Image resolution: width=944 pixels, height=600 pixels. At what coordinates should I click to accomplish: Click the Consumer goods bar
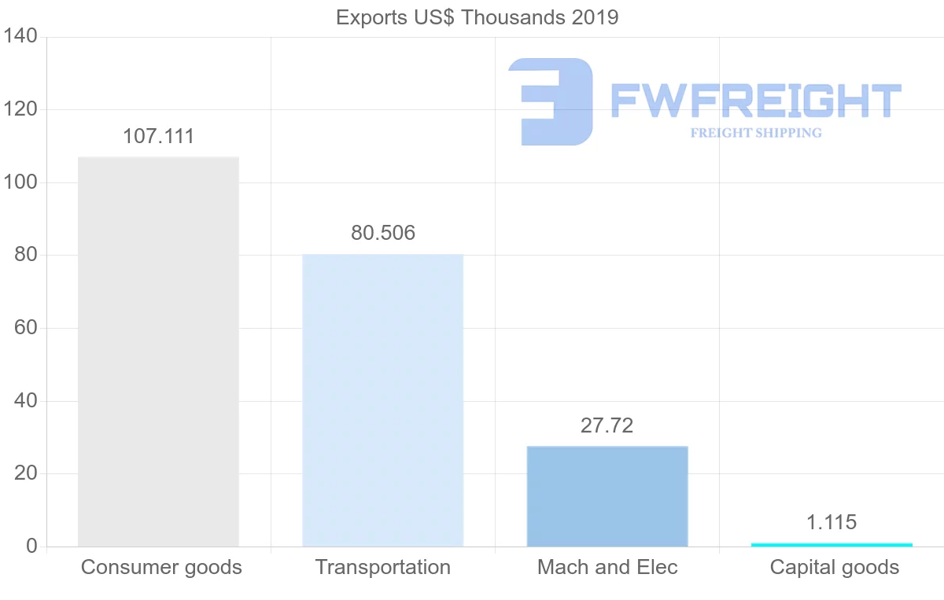(158, 352)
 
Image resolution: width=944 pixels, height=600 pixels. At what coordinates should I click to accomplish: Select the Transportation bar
(383, 400)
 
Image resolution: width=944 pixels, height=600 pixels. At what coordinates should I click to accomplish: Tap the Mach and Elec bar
(607, 496)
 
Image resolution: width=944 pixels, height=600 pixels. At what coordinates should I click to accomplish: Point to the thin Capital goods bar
(832, 544)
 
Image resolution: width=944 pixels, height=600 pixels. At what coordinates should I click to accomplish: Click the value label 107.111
(158, 136)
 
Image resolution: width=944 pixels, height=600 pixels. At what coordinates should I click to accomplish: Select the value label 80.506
(383, 233)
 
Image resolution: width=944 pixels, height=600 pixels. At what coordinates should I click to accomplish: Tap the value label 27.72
(607, 425)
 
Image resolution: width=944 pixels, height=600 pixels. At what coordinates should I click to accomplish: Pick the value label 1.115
(832, 522)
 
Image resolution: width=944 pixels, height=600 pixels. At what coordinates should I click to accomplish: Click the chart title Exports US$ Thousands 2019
(478, 17)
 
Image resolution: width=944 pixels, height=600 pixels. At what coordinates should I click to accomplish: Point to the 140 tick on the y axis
(20, 36)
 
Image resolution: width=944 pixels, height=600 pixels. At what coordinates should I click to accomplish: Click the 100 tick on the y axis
(20, 182)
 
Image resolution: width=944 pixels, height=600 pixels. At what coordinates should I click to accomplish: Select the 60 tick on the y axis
(26, 328)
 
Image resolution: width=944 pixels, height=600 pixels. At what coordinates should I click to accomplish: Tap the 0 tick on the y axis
(31, 547)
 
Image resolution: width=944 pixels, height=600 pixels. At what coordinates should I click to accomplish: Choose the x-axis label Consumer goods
(161, 567)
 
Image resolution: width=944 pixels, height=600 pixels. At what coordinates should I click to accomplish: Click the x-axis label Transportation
(383, 567)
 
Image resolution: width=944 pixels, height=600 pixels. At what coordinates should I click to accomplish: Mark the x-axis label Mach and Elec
(607, 567)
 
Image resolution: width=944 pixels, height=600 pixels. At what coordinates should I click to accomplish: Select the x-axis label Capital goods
(834, 567)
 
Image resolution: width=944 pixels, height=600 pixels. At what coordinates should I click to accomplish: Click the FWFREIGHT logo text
(755, 101)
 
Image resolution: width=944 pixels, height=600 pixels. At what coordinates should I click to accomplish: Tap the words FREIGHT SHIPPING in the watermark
(756, 133)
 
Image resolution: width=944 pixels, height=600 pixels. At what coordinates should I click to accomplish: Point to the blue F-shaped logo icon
(551, 101)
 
